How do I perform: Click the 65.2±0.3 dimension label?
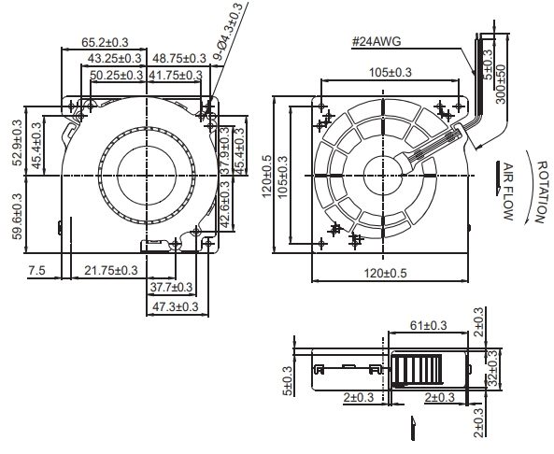[x=105, y=42]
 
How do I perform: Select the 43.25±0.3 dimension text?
[x=114, y=58]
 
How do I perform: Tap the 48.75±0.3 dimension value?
[x=178, y=58]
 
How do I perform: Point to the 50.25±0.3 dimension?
[x=117, y=75]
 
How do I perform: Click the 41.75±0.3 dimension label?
[x=176, y=75]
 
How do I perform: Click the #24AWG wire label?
[x=376, y=41]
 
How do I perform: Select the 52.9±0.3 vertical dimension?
[x=17, y=143]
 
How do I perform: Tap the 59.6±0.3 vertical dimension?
[x=17, y=216]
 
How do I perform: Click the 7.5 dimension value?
[x=36, y=271]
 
